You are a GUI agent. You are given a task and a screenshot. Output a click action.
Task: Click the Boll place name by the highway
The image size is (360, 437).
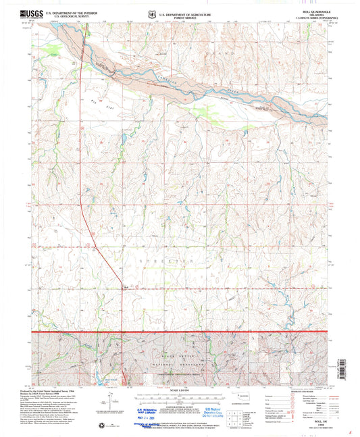tap(126, 286)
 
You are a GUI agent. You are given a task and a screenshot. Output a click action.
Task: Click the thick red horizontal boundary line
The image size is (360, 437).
tap(180, 332)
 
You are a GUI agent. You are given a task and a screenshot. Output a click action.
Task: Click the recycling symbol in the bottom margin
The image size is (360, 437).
tap(122, 424)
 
